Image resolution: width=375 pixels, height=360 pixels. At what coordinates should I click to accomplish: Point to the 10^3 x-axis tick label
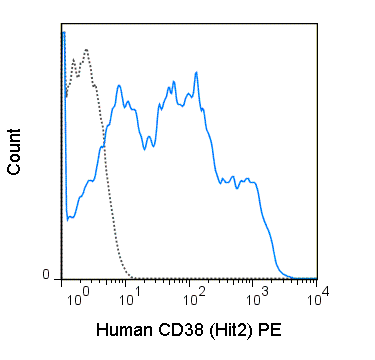257,297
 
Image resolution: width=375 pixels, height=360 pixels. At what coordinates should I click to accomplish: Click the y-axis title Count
15,152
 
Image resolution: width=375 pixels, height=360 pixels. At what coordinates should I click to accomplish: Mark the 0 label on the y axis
44,275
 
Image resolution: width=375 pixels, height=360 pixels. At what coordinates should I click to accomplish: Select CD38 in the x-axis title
184,329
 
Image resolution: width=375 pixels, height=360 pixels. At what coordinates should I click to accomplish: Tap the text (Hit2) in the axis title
236,329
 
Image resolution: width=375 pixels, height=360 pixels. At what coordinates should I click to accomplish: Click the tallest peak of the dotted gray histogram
87,49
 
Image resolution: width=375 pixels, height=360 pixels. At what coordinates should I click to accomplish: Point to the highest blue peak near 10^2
196,72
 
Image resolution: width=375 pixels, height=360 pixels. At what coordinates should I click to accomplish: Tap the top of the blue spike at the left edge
63,32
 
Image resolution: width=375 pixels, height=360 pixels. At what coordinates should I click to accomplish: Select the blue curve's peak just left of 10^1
120,86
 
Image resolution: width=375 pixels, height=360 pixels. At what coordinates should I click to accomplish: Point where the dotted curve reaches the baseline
131,277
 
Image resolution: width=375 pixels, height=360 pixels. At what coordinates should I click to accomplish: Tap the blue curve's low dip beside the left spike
69,218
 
